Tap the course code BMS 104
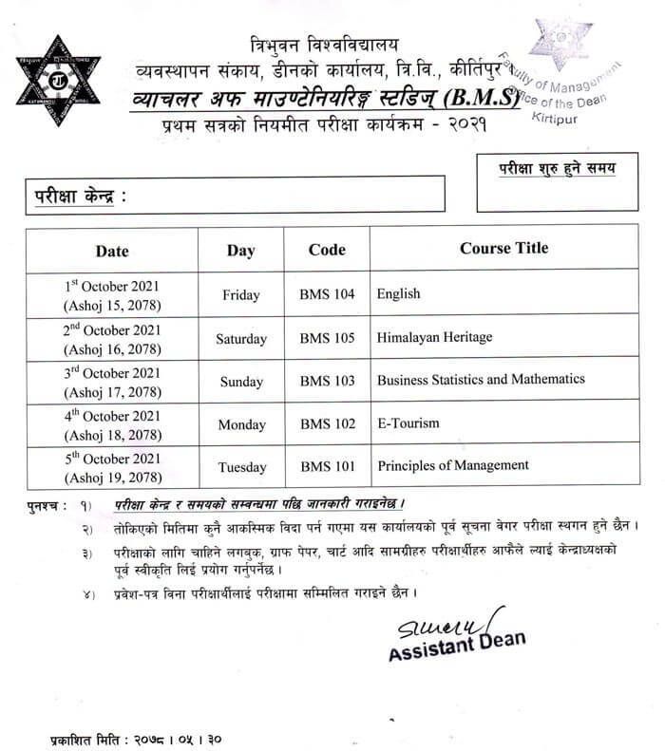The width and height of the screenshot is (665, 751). [x=327, y=294]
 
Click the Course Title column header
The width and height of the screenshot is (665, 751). [x=503, y=249]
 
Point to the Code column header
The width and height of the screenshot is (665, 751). [x=327, y=250]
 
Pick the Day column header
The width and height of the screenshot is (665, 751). [x=241, y=251]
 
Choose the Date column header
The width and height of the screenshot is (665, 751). [x=112, y=252]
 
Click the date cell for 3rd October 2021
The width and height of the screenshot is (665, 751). [x=112, y=381]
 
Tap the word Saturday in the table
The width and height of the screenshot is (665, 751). [x=241, y=339]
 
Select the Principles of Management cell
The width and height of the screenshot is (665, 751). [x=452, y=465]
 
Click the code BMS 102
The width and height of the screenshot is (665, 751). [x=327, y=423]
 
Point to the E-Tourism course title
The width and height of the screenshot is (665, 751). [x=408, y=422]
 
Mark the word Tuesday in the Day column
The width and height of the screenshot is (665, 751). [x=241, y=467]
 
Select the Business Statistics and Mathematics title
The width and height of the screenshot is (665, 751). [x=481, y=380]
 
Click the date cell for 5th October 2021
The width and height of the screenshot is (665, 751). [x=112, y=467]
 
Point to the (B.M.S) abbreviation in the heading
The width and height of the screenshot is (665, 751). [x=483, y=100]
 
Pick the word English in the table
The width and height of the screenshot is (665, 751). [x=398, y=294]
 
